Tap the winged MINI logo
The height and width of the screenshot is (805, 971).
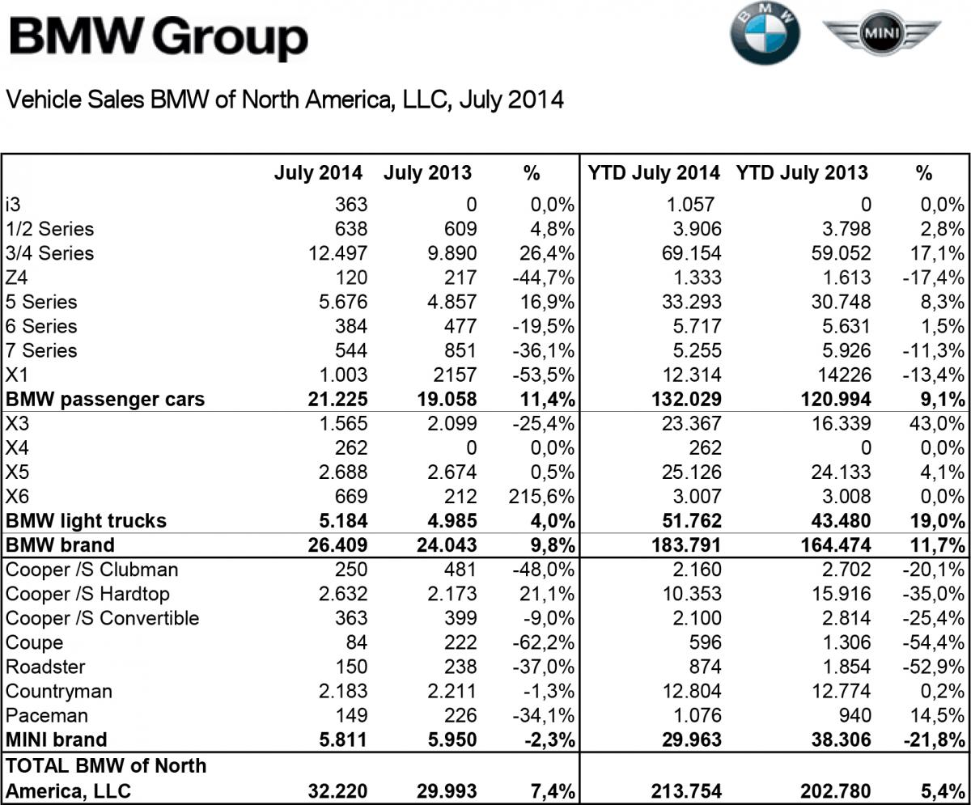click(881, 34)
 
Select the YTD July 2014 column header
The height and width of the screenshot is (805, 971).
click(654, 172)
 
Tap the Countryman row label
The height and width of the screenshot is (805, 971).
click(59, 691)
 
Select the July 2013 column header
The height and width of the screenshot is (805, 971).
click(427, 172)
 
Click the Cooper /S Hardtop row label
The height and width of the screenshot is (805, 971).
click(87, 594)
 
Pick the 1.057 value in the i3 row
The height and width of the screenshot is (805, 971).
click(693, 205)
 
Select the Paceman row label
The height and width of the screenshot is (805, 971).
click(47, 715)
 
